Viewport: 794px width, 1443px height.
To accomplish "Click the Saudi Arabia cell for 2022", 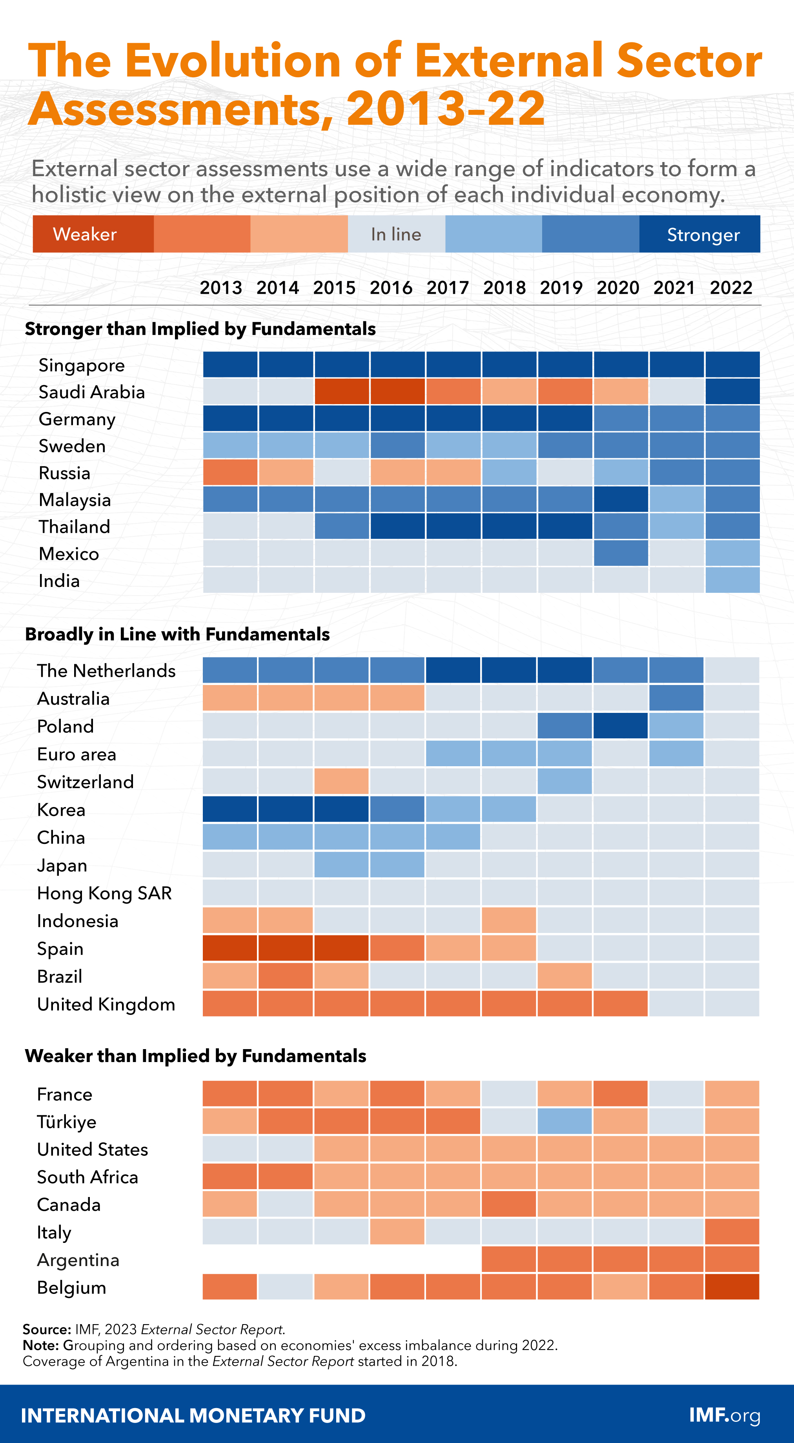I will tap(732, 392).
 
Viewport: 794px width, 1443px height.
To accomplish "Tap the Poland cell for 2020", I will tap(621, 726).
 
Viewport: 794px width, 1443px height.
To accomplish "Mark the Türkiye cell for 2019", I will tap(565, 1121).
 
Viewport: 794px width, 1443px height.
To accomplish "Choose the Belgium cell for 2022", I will tap(732, 1287).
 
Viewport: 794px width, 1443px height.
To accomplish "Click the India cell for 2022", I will tap(732, 580).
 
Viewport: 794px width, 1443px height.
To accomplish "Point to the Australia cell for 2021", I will tap(676, 698).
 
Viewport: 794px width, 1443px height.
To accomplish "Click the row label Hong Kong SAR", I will tap(104, 893).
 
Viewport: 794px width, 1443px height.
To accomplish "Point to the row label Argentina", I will tap(78, 1260).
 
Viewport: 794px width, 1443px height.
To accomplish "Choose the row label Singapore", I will tap(82, 365).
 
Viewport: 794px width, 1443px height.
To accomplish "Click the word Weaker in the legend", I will tap(85, 234).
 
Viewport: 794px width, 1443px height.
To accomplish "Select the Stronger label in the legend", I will tap(703, 235).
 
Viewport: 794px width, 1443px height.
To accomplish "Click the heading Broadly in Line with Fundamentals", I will tap(177, 634).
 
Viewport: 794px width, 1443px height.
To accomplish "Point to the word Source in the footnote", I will tap(46, 1329).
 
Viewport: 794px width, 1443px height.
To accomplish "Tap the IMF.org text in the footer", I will tap(725, 1415).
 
